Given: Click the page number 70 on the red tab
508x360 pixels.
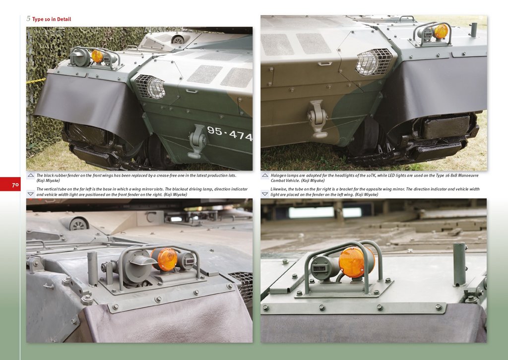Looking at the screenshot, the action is coord(15,185).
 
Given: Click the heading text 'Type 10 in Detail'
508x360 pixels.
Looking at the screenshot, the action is coord(52,19).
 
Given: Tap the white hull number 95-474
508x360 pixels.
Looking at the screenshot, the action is coord(230,133).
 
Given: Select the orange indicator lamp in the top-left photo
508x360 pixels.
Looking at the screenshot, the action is coord(97,57).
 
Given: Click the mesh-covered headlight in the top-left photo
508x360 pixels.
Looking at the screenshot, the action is coord(151,87).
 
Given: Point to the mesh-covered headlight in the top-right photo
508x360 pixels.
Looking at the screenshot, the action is coord(374,61).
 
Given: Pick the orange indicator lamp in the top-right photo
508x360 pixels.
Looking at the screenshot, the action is coord(441,31).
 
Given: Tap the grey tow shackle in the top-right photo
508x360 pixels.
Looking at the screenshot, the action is coord(317,119).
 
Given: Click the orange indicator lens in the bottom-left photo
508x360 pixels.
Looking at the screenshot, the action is coord(167,259).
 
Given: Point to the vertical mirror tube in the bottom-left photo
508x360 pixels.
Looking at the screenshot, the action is coord(92,269).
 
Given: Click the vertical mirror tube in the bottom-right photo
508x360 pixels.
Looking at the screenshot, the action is coord(459,264).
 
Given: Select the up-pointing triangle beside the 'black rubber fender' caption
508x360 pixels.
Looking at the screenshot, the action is coord(31,176).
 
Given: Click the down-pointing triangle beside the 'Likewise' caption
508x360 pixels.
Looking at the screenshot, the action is coord(265,194).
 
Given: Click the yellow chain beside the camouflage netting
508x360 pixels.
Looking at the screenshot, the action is coord(36,81).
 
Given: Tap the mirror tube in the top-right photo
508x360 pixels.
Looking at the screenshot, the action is coord(474,30).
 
